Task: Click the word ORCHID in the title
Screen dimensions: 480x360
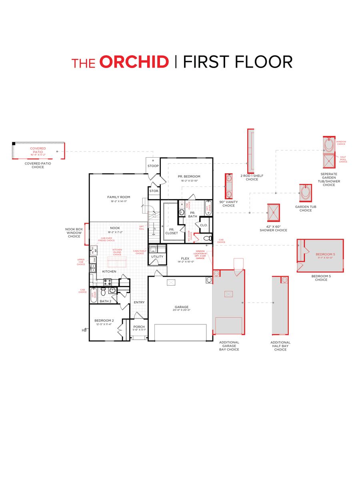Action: pos(134,62)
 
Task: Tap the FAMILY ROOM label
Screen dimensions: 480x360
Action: pos(119,197)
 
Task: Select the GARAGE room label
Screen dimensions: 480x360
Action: pos(181,307)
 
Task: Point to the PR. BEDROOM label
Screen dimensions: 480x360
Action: pos(189,176)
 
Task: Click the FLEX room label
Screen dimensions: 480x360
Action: pos(185,258)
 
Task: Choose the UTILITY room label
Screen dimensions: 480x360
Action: pos(157,256)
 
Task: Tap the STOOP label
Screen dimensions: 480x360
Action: pos(153,166)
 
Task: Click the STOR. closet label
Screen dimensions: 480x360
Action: pos(154,191)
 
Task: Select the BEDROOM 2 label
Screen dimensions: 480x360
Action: pos(104,320)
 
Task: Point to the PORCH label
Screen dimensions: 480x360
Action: pos(139,327)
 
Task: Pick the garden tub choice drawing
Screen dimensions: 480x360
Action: pos(306,193)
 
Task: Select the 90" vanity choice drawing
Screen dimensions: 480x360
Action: pos(229,186)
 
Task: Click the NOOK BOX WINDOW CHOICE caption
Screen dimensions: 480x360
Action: pos(73,233)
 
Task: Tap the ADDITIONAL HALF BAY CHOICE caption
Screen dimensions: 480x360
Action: pos(280,346)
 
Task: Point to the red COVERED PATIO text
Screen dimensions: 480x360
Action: pos(38,150)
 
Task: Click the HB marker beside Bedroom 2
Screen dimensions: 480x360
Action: pos(84,330)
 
